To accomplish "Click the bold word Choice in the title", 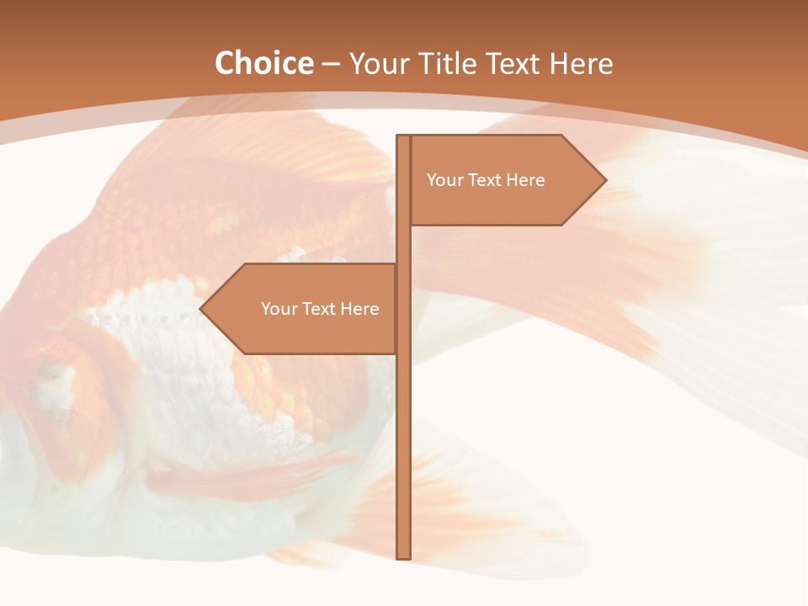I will click(263, 63).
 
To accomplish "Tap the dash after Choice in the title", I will click(331, 64).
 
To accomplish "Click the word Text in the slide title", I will click(519, 63).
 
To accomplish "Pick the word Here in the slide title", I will click(585, 63).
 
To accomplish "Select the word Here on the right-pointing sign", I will click(525, 180).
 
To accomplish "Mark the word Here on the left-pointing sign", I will click(359, 309).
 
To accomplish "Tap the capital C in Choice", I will click(226, 63).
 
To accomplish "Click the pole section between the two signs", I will click(403, 244).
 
